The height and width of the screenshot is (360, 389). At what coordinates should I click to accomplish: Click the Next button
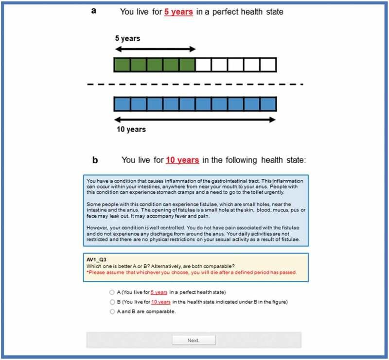tap(194, 340)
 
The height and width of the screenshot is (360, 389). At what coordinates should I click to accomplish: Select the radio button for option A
tap(112, 292)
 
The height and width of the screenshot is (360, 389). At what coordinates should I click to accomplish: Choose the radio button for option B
tap(112, 302)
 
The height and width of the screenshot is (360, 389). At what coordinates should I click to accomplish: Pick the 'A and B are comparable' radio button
tap(112, 311)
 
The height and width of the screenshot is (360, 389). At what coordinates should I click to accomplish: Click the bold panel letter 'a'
tap(94, 10)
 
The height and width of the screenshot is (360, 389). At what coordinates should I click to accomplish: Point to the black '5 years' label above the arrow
tap(127, 38)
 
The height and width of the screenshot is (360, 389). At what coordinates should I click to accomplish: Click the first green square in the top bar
tap(122, 65)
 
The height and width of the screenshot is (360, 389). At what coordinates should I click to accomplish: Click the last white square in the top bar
tap(268, 65)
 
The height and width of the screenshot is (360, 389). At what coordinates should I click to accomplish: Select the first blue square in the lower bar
tap(122, 104)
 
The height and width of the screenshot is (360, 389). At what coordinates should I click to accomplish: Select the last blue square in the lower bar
tap(268, 104)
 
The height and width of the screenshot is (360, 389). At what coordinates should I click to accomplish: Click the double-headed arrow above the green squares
tap(154, 49)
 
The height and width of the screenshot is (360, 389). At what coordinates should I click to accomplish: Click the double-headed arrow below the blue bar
tap(194, 119)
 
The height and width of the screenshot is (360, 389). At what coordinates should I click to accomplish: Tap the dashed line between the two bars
tap(194, 85)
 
